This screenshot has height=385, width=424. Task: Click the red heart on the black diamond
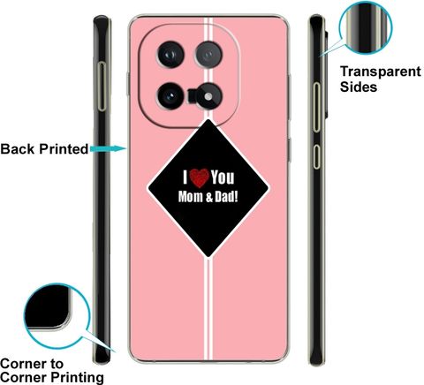click(200, 178)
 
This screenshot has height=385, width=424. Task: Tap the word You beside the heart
click(223, 177)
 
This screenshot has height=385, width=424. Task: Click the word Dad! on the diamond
click(226, 196)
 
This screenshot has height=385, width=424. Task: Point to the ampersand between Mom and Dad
click(208, 197)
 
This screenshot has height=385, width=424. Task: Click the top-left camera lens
click(170, 55)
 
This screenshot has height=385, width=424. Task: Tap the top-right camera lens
click(208, 55)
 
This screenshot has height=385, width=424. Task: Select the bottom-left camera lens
click(170, 96)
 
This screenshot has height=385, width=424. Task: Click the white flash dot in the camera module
click(208, 96)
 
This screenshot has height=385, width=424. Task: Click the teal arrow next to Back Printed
click(109, 148)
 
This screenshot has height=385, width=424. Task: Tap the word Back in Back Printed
click(18, 149)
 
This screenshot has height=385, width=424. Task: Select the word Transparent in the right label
click(381, 72)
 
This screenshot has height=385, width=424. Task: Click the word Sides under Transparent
click(359, 87)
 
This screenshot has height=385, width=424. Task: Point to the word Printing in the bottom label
click(77, 378)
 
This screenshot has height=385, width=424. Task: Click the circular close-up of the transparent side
click(366, 27)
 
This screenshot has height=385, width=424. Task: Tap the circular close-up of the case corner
click(57, 316)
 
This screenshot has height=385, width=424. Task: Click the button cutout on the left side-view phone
click(102, 87)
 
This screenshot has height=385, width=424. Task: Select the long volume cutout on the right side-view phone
click(316, 107)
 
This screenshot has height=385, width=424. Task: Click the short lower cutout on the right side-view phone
click(316, 156)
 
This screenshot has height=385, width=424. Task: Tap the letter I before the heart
click(185, 177)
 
